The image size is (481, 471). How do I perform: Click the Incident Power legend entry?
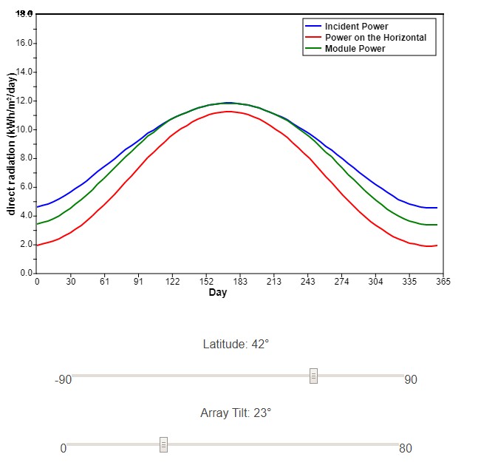[x=356, y=27]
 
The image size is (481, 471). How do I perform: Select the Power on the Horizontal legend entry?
[x=375, y=38]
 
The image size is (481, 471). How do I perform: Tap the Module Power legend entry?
[x=355, y=49]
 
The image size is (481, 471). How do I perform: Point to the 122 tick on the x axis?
[x=173, y=282]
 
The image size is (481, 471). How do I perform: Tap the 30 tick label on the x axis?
[x=71, y=282]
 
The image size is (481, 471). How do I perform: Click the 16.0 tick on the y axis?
[x=27, y=43]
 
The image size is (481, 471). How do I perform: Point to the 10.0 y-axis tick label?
[x=27, y=129]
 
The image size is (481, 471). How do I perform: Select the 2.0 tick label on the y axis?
[x=27, y=245]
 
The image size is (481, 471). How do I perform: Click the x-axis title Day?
[x=218, y=293]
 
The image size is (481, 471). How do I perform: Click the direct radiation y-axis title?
[x=12, y=144]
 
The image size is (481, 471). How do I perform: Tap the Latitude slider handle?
[x=313, y=376]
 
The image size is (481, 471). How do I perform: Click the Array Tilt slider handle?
[x=163, y=444]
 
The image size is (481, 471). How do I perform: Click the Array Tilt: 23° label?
[x=236, y=413]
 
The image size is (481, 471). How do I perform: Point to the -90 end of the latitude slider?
[x=63, y=380]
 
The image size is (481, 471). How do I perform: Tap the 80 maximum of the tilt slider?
[x=406, y=448]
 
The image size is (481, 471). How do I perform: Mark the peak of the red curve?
[x=229, y=111]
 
